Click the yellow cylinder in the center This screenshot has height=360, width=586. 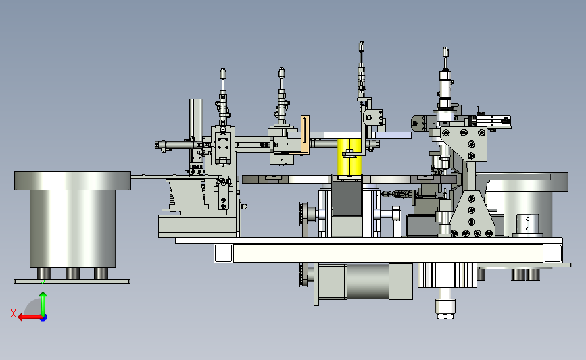click(349, 157)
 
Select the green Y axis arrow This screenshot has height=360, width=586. click(43, 304)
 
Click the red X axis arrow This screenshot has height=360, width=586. click(29, 317)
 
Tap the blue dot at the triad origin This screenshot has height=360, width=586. click(44, 317)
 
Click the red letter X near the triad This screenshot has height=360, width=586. click(14, 313)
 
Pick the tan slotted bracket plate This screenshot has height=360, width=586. click(305, 134)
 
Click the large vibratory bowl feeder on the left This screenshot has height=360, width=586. click(72, 220)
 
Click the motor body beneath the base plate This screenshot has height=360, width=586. click(365, 282)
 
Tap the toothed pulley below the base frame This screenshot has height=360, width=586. click(303, 275)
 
